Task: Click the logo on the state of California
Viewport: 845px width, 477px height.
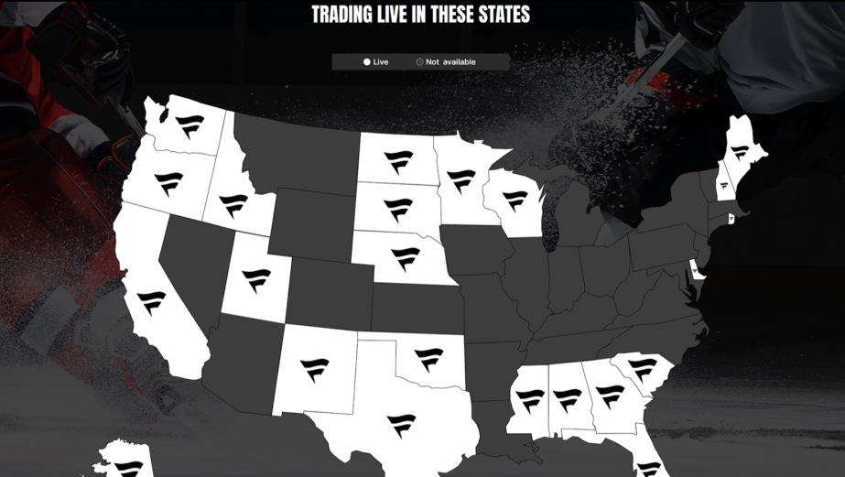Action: point(151,302)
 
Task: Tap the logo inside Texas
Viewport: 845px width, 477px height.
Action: point(401,426)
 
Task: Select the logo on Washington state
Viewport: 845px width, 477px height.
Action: point(190,126)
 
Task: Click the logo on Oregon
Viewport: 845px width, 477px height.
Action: point(168,183)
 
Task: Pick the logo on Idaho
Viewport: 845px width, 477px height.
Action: point(233,205)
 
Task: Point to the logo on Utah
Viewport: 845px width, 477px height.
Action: point(256,279)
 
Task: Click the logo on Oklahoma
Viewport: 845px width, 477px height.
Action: point(428,359)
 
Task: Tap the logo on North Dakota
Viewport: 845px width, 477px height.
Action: point(398,162)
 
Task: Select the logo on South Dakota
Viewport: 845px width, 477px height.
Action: point(398,210)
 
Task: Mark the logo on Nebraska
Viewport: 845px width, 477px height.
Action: point(405,259)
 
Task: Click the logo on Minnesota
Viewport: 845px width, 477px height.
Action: point(460,180)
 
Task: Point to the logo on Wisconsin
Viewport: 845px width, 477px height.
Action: point(515,201)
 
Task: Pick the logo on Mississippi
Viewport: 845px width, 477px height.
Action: point(530,401)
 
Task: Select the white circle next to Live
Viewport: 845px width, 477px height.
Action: point(367,62)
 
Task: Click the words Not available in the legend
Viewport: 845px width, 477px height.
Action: point(450,62)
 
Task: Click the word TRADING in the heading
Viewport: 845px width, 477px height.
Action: point(343,15)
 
